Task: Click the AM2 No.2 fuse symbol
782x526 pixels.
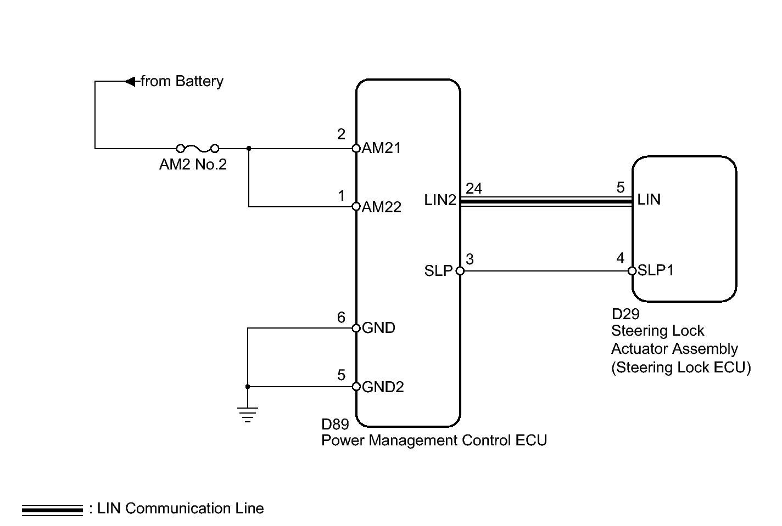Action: (198, 148)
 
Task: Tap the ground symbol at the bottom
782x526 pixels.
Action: (248, 415)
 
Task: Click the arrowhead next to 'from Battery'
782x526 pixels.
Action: (130, 82)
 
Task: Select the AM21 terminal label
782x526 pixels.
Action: (381, 148)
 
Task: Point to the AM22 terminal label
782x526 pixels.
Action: (382, 207)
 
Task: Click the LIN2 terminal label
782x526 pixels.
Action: (440, 200)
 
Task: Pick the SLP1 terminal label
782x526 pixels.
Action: (656, 270)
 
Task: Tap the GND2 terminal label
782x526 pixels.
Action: (383, 387)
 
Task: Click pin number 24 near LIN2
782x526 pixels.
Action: (474, 189)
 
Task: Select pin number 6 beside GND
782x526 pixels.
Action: (341, 318)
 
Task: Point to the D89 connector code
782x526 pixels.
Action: (335, 425)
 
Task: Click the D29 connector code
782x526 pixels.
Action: (625, 314)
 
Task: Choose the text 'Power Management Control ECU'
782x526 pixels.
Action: (434, 440)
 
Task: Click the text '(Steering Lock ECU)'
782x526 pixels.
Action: (681, 367)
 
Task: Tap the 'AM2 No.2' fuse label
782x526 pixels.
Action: (193, 165)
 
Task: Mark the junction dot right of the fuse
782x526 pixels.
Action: (249, 148)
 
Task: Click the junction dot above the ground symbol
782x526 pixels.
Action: (248, 387)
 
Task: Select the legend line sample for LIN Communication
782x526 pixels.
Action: (52, 510)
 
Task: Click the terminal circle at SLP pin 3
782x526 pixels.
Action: (460, 270)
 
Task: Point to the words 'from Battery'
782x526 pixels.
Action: (182, 82)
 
